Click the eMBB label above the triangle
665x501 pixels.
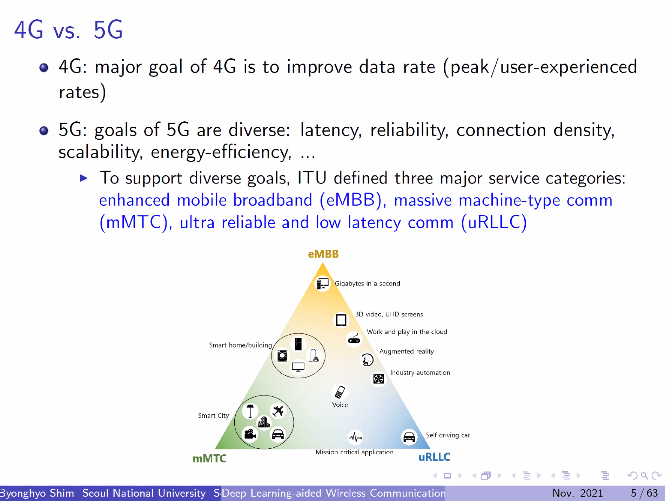click(323, 254)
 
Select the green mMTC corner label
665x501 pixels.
click(209, 459)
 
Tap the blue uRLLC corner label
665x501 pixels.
click(434, 457)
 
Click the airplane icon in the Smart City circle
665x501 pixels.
click(278, 411)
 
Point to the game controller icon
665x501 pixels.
click(354, 339)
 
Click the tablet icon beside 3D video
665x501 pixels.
click(341, 320)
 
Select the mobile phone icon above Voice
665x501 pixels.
click(340, 392)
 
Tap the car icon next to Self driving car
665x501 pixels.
click(409, 437)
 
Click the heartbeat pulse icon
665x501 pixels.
click(355, 437)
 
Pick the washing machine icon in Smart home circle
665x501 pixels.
click(282, 355)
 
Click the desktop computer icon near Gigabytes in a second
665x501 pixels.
click(323, 283)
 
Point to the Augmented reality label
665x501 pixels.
click(407, 352)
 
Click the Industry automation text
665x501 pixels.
click(420, 373)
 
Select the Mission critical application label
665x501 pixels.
click(355, 452)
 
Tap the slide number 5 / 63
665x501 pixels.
click(644, 493)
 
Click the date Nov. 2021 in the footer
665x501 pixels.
click(577, 493)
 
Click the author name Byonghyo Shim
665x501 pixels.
click(37, 493)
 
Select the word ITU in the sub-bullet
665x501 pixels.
click(312, 178)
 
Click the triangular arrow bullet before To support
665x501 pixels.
click(84, 178)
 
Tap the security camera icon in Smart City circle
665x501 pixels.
click(250, 434)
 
